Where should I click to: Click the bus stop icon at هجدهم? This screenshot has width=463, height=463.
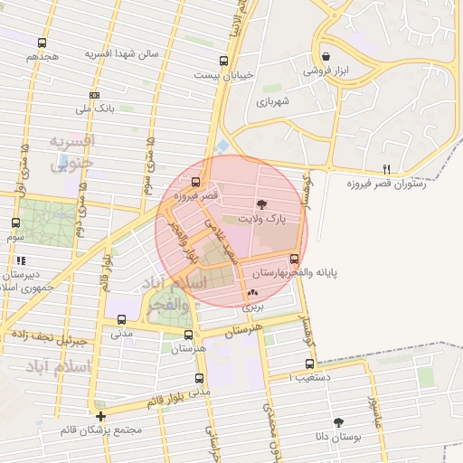[42, 43]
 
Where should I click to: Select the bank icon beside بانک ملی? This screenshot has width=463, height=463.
[95, 95]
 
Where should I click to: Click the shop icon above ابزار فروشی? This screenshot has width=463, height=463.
[325, 56]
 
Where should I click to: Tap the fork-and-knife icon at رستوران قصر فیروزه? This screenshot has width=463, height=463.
[387, 168]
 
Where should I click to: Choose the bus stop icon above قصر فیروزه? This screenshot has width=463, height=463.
[197, 180]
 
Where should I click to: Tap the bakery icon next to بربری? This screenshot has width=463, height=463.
[251, 292]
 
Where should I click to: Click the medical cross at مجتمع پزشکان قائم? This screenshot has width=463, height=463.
[100, 416]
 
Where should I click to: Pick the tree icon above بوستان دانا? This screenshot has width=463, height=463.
[339, 422]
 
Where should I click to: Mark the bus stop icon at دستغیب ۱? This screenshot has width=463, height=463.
[309, 364]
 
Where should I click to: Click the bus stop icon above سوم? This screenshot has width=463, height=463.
[15, 222]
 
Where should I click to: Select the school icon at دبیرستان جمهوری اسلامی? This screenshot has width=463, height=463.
[20, 260]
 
